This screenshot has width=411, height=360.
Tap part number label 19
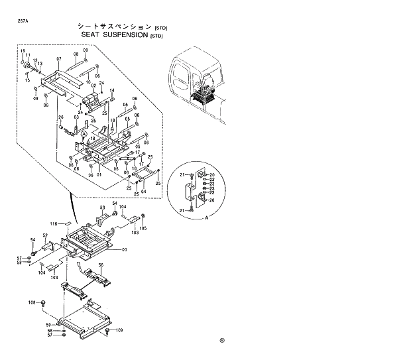coord(22,51)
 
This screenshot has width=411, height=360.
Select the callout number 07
coord(58,59)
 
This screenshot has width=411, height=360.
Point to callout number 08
coord(76,54)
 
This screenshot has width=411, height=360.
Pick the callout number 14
coord(112,90)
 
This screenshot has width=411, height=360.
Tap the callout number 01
coord(98,175)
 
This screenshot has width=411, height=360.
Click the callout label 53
coord(103,208)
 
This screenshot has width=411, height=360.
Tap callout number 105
coord(143,227)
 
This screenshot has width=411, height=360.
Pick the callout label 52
coord(45,235)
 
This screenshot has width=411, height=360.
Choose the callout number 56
coord(101,265)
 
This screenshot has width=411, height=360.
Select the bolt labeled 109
coord(108,330)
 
